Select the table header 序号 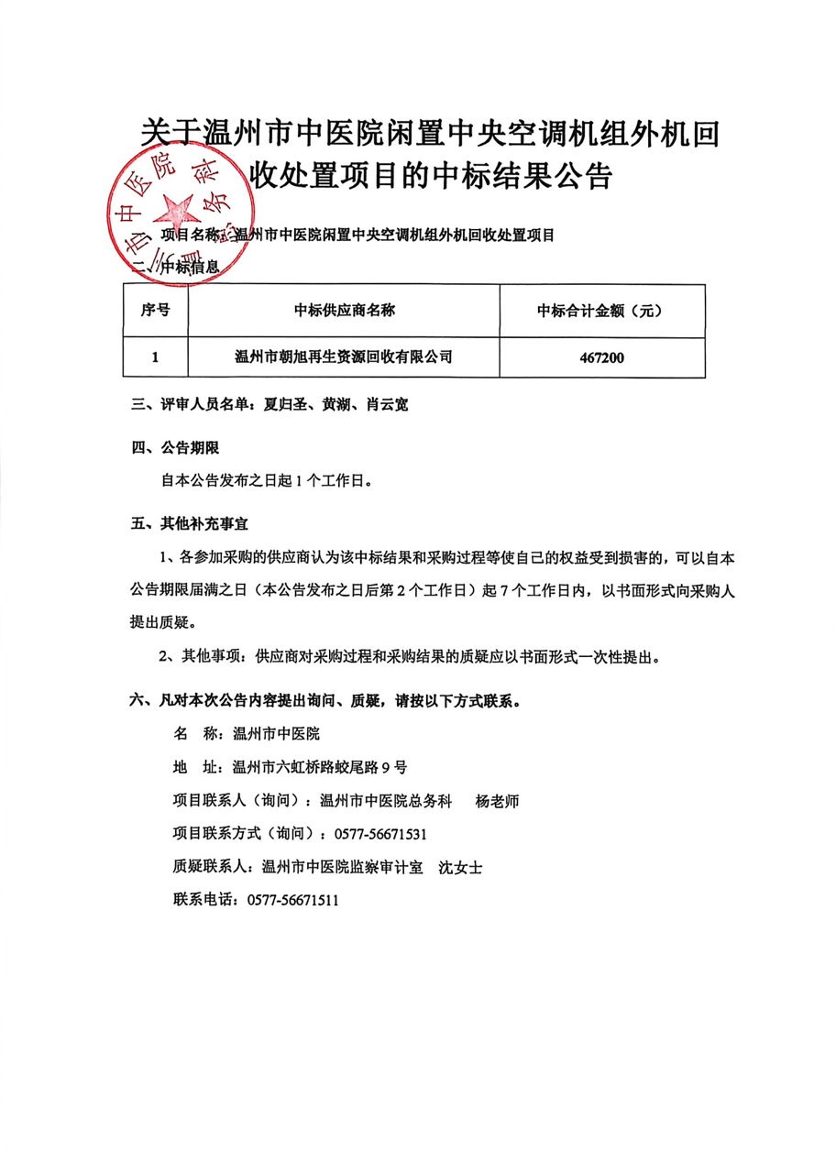155,310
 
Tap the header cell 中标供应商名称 344,310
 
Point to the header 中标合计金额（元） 601,311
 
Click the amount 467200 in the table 601,356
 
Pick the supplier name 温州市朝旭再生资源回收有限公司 344,356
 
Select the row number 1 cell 155,356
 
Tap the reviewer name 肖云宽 385,403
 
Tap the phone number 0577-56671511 293,900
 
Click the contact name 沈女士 461,867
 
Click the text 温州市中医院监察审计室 342,867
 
